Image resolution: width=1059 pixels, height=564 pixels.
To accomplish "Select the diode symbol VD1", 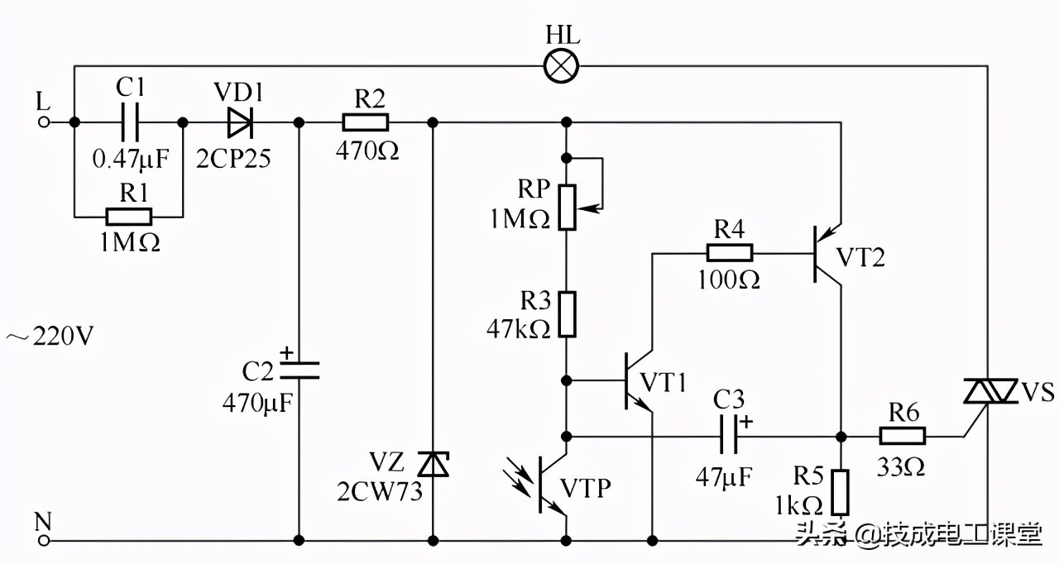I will click(240, 122).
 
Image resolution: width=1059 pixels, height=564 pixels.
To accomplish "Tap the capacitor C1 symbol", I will click(128, 122).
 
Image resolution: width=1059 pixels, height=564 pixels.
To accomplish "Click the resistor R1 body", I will click(128, 217).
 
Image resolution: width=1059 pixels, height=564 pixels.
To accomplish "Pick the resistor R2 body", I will click(365, 122).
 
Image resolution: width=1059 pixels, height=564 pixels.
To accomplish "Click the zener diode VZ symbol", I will click(432, 465).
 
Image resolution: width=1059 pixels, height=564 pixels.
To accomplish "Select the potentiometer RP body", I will click(567, 207).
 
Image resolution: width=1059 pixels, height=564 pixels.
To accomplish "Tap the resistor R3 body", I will click(567, 313).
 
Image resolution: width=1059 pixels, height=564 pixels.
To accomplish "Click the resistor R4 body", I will click(729, 253).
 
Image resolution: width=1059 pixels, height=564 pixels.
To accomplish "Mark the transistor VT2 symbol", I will click(828, 253).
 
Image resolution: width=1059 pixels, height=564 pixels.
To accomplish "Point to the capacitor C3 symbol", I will click(729, 436).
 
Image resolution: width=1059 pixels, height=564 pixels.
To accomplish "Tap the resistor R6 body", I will click(902, 436).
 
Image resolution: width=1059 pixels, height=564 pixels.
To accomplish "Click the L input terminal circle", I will click(45, 122).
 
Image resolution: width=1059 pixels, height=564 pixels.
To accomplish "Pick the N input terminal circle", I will click(45, 541).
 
